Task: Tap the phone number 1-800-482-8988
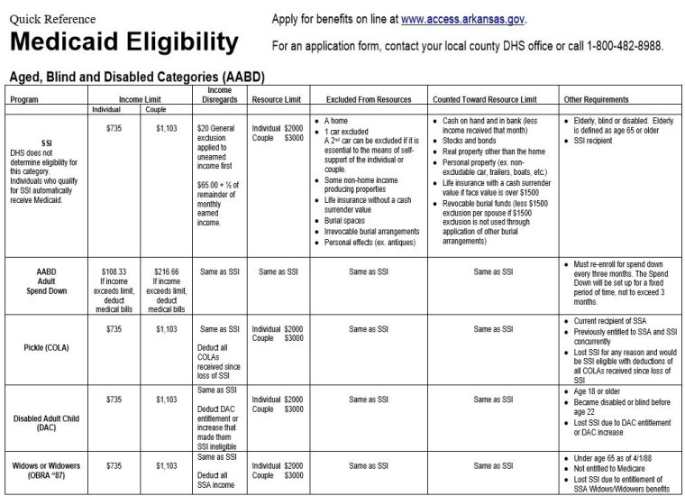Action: [x=616, y=46]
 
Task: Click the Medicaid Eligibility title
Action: [x=123, y=41]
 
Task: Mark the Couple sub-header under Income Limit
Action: [x=156, y=110]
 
